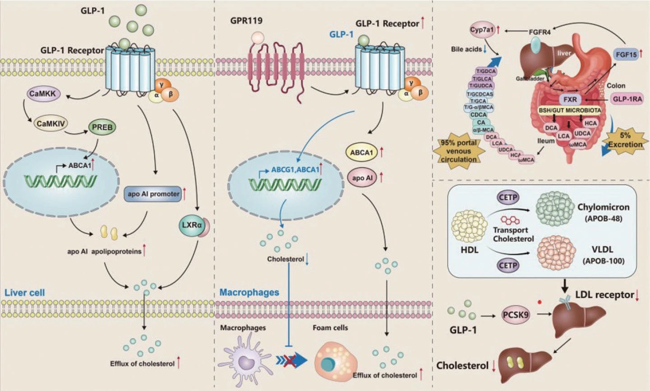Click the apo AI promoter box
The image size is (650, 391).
click(x=153, y=194)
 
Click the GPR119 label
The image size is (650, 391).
click(x=246, y=21)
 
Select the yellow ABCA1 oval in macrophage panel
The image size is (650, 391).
click(x=362, y=153)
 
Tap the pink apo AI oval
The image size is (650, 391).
click(x=363, y=178)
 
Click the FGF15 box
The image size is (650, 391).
click(x=626, y=55)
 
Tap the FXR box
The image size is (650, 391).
click(x=570, y=99)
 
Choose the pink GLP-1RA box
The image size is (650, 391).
click(x=627, y=98)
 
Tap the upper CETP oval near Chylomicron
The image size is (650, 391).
click(x=508, y=197)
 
